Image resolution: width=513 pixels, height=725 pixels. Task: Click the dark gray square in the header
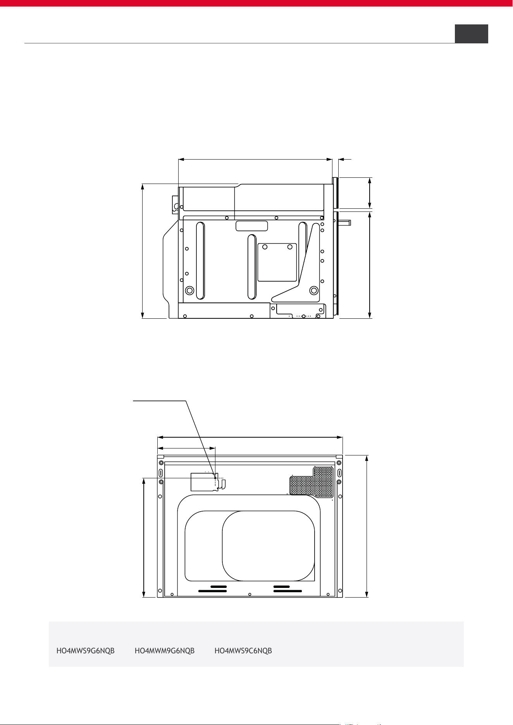471,34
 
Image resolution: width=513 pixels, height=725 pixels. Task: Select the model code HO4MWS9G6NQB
86,651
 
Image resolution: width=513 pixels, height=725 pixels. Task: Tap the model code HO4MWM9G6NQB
165,651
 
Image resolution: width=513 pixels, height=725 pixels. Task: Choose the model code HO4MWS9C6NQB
243,651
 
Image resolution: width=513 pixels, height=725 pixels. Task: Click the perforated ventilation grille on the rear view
312,482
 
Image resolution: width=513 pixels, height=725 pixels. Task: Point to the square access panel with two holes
277,262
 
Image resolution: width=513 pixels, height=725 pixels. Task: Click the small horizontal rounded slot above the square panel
252,226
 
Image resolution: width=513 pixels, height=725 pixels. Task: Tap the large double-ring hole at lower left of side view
190,290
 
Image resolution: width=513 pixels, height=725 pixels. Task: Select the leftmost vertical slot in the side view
200,261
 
